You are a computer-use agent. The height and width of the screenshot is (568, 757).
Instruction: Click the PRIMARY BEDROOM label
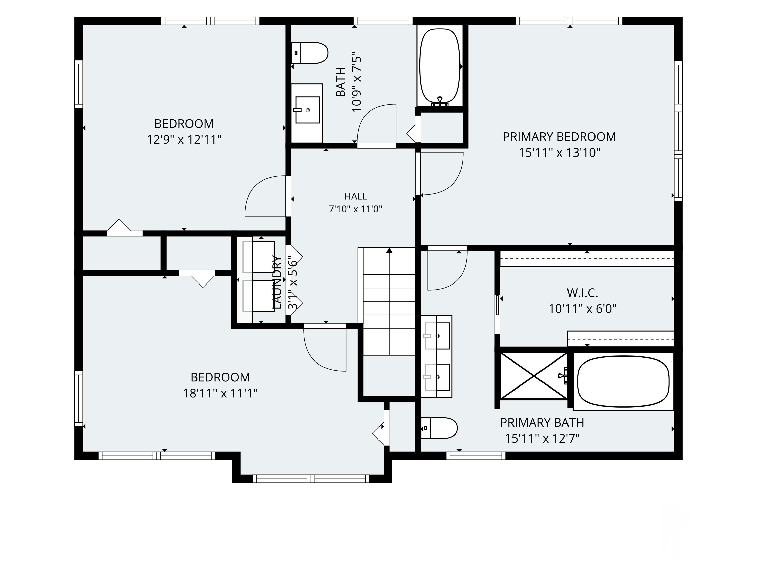click(559, 137)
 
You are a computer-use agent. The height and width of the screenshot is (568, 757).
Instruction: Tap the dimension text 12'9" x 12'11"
click(184, 140)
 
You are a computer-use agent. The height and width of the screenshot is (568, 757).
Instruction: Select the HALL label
click(356, 196)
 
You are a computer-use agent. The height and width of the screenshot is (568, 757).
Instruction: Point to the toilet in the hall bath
click(309, 53)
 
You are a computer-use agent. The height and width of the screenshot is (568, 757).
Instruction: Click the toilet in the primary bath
click(439, 428)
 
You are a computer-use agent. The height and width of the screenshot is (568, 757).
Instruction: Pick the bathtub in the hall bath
click(440, 67)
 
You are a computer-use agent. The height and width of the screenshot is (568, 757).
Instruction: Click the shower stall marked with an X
click(534, 376)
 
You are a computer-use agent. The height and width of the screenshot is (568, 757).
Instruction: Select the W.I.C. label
click(582, 293)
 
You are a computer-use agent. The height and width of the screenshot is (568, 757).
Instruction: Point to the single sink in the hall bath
click(307, 110)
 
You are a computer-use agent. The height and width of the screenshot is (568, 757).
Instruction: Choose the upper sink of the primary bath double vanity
click(437, 336)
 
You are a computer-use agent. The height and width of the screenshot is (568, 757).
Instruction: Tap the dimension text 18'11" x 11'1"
click(220, 393)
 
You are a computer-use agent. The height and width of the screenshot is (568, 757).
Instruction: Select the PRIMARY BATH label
click(542, 423)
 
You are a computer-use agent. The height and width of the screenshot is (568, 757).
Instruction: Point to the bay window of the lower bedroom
click(311, 479)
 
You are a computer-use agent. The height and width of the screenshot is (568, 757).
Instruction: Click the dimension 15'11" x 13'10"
click(559, 153)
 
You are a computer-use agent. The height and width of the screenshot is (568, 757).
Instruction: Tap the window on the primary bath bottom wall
click(476, 456)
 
